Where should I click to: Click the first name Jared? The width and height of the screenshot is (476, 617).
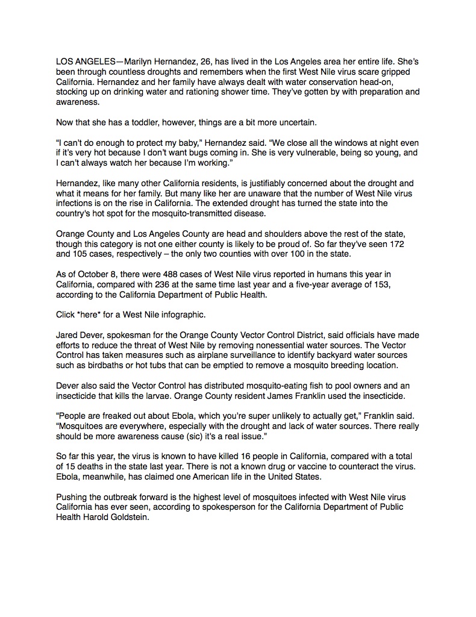pyautogui.click(x=67, y=335)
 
